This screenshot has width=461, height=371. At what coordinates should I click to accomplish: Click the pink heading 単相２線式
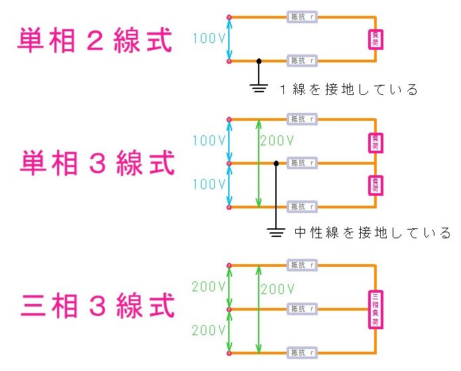click(x=95, y=40)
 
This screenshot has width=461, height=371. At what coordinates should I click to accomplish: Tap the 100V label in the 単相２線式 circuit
click(x=208, y=38)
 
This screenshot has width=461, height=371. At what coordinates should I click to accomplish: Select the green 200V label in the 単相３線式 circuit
click(x=277, y=141)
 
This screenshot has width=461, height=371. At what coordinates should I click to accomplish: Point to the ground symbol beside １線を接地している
click(x=259, y=88)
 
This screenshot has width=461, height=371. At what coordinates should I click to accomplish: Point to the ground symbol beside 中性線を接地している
click(x=276, y=232)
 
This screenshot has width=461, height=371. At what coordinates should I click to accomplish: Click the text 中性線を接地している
click(x=372, y=233)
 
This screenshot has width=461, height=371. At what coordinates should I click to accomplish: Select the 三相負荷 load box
click(x=375, y=309)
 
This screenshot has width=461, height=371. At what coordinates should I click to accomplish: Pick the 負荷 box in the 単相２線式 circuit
click(x=375, y=38)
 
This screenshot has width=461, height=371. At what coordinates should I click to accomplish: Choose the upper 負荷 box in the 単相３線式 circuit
click(x=375, y=142)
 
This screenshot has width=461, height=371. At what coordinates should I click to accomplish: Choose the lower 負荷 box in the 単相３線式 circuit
click(x=375, y=184)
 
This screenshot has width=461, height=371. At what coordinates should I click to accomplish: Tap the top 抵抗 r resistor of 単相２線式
click(x=302, y=17)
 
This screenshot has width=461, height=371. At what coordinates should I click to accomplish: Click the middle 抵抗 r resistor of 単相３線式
click(x=302, y=163)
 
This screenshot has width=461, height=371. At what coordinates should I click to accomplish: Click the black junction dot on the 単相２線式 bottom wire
click(x=259, y=61)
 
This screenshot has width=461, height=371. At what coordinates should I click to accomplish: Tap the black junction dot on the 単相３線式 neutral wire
click(x=276, y=163)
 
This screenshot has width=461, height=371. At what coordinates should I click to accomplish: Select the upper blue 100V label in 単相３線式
click(x=208, y=141)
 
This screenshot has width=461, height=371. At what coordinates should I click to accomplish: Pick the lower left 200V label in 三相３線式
click(x=208, y=330)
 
